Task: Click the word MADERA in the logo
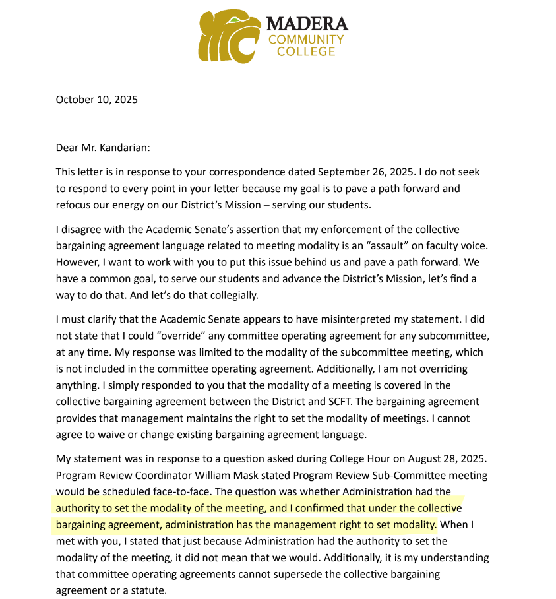pyautogui.click(x=307, y=24)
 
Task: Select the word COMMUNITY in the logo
pyautogui.click(x=305, y=39)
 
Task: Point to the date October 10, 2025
pyautogui.click(x=96, y=100)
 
